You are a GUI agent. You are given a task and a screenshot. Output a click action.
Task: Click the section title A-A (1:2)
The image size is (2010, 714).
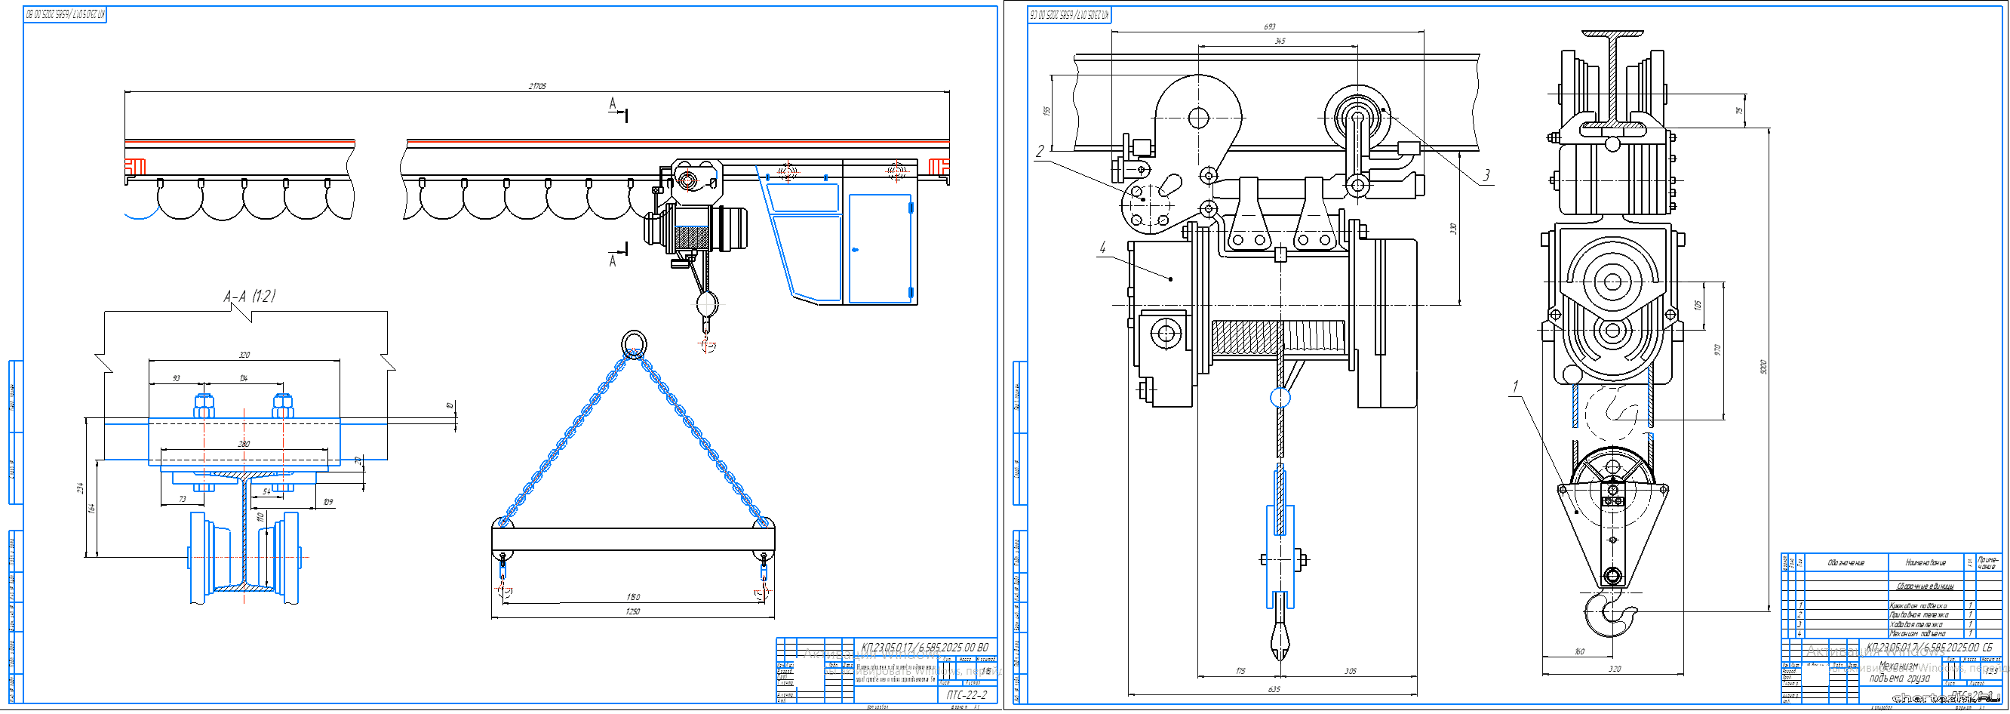click(249, 297)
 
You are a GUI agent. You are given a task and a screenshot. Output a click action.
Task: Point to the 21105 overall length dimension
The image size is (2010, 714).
click(537, 86)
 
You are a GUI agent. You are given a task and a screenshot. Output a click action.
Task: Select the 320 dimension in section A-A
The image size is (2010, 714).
click(244, 355)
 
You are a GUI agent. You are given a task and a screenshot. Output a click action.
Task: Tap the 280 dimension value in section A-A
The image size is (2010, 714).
click(244, 444)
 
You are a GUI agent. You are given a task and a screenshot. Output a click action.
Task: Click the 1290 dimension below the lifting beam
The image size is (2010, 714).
click(632, 611)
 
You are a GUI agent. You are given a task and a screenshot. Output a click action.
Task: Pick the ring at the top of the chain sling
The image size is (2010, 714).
click(634, 343)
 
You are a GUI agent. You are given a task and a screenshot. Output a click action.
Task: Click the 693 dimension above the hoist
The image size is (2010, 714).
click(1270, 26)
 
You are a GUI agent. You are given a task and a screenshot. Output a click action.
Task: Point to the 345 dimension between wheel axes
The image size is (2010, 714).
click(1280, 41)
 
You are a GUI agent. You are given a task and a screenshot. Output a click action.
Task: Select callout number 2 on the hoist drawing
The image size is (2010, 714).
click(1040, 152)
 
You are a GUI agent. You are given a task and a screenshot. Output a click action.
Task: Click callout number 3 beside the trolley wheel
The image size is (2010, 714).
click(1486, 175)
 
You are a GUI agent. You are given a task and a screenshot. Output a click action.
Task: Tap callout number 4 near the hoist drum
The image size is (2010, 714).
click(1102, 248)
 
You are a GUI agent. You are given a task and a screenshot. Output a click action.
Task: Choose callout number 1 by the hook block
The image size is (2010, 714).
click(1516, 386)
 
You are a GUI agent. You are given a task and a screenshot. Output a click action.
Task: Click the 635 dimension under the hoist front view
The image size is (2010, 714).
click(1274, 689)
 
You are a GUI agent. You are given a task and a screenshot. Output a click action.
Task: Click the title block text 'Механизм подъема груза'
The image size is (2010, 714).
click(1898, 672)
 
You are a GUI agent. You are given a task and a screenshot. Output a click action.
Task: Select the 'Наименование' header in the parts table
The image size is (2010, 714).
click(1925, 562)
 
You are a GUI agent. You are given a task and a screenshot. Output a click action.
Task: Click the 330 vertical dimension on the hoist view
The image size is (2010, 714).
click(1453, 229)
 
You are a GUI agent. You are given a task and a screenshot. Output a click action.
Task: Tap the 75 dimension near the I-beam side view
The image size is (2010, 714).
click(1738, 111)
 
